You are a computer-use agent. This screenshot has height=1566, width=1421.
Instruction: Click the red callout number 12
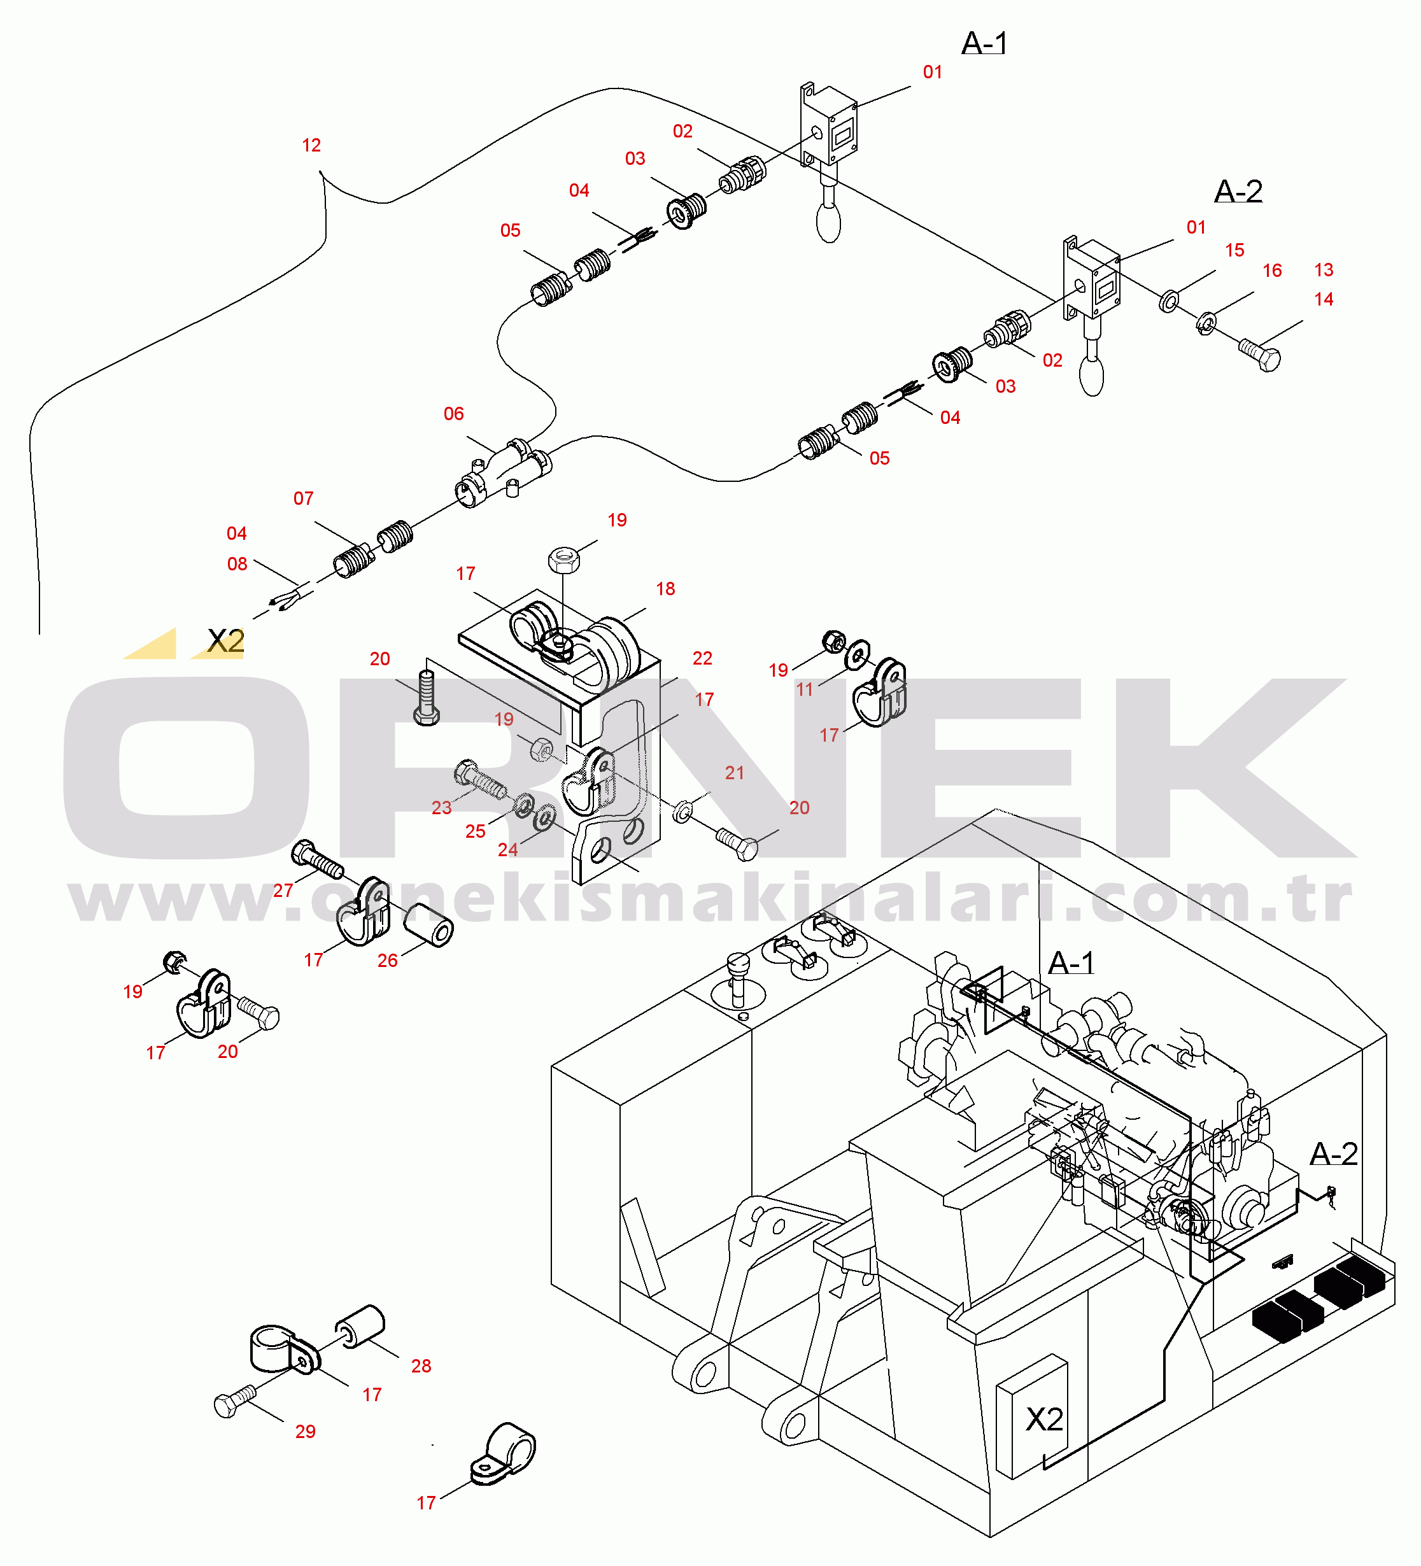311,145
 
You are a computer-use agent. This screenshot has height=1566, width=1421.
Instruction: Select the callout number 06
454,414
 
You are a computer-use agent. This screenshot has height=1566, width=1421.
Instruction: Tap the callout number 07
303,498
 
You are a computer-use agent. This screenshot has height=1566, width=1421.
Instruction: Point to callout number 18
665,589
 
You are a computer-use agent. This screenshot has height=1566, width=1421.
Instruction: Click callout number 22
702,659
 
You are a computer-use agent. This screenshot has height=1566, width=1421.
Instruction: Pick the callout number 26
387,961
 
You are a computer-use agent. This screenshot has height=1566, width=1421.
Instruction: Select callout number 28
421,1366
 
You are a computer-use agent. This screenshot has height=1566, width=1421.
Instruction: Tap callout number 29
306,1432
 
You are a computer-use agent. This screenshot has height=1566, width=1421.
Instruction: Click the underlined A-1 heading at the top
984,43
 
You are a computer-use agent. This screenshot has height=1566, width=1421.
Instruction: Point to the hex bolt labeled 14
1260,356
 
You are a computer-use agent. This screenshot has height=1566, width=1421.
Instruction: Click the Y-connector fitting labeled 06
504,472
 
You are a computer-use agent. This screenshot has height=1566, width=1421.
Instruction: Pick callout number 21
734,773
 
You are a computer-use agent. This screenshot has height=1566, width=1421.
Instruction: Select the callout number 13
1324,271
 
